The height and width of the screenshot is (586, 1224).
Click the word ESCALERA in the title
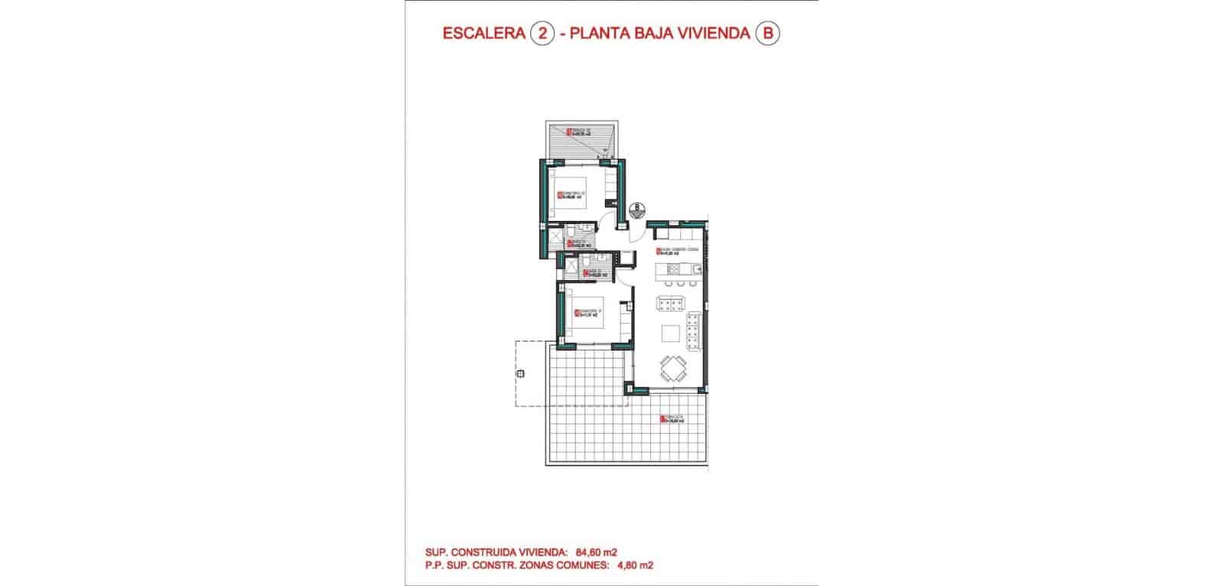click(x=483, y=34)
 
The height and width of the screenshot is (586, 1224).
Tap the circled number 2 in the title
click(x=541, y=34)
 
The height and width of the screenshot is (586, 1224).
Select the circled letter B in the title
click(x=767, y=34)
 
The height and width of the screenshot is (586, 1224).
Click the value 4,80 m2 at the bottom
click(x=631, y=566)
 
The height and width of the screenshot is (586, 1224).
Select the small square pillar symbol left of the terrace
click(x=520, y=373)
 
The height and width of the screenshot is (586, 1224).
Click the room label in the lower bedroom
click(x=589, y=311)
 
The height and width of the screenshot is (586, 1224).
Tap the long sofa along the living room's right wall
click(x=694, y=330)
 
